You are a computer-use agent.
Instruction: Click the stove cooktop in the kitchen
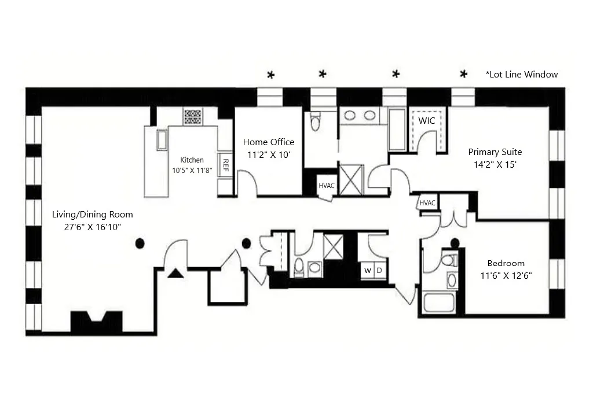193,117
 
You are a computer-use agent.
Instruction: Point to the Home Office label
268,142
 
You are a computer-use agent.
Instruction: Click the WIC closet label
427,121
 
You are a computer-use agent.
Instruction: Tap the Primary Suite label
495,152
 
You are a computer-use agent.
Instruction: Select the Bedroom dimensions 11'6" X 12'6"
506,275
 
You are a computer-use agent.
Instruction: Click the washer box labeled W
367,271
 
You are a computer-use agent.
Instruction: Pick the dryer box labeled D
379,271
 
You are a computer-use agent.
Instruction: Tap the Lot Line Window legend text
522,75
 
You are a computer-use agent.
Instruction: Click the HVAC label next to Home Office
325,186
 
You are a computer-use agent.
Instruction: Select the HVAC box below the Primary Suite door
427,203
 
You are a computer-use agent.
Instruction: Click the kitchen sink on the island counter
162,140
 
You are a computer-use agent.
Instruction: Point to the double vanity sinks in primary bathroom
360,115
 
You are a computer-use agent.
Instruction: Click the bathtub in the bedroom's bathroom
438,303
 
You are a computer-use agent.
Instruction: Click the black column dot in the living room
140,243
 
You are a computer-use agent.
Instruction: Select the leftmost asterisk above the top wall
270,75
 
